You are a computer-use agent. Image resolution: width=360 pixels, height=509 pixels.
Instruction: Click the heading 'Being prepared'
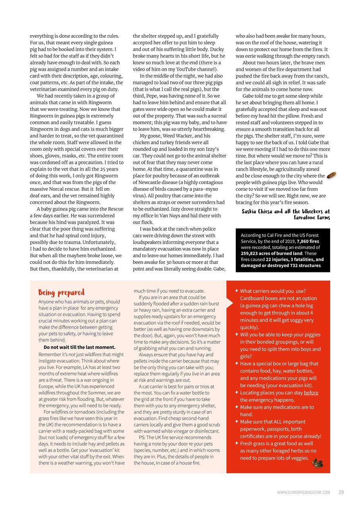62,293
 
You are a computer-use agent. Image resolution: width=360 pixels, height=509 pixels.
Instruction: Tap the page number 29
341,492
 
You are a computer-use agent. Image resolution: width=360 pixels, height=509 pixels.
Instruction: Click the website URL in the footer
303,493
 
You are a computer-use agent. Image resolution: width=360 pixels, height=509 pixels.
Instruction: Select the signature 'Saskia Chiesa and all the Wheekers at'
286,211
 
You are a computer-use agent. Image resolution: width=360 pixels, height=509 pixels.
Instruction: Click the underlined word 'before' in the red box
311,393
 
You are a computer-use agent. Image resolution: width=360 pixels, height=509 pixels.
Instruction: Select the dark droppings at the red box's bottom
317,462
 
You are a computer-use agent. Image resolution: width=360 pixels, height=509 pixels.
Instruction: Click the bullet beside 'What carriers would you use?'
237,291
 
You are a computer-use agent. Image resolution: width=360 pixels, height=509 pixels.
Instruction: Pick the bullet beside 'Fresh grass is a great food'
237,443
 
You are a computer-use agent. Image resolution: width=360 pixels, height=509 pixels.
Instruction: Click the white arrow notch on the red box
229,303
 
